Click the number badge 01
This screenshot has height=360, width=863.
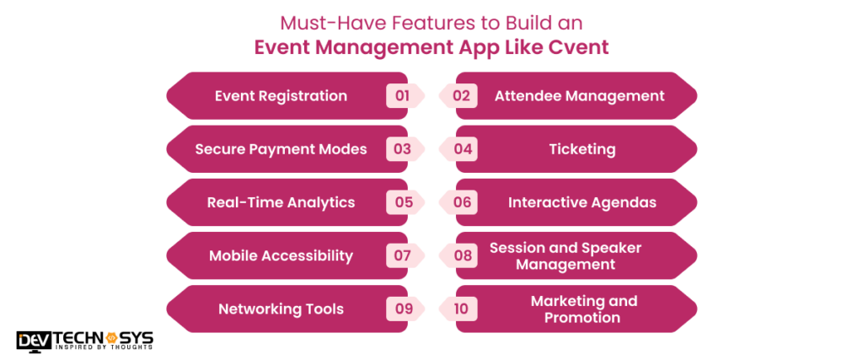click(402, 96)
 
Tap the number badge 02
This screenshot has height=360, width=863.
click(461, 96)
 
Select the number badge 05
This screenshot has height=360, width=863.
click(402, 202)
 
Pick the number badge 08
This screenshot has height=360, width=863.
click(461, 255)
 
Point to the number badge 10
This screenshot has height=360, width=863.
click(461, 309)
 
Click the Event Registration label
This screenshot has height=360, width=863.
click(281, 96)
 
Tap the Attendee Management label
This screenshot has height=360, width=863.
click(579, 96)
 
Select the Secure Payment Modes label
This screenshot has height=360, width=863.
click(281, 149)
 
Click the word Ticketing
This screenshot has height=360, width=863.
click(582, 149)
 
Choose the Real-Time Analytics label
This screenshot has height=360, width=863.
click(281, 202)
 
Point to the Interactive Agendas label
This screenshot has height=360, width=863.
click(582, 202)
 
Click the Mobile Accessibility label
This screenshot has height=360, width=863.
click(281, 255)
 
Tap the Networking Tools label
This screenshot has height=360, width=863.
click(281, 309)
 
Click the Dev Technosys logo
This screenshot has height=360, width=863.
click(84, 341)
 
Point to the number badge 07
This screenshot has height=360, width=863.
click(402, 255)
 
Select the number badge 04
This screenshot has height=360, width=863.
click(461, 149)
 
